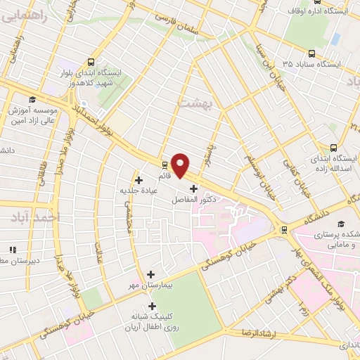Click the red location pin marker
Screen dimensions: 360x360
(x=180, y=165)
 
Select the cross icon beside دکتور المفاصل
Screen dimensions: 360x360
(x=194, y=188)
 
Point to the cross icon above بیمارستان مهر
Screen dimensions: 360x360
(x=152, y=274)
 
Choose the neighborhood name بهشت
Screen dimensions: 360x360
(x=195, y=104)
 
